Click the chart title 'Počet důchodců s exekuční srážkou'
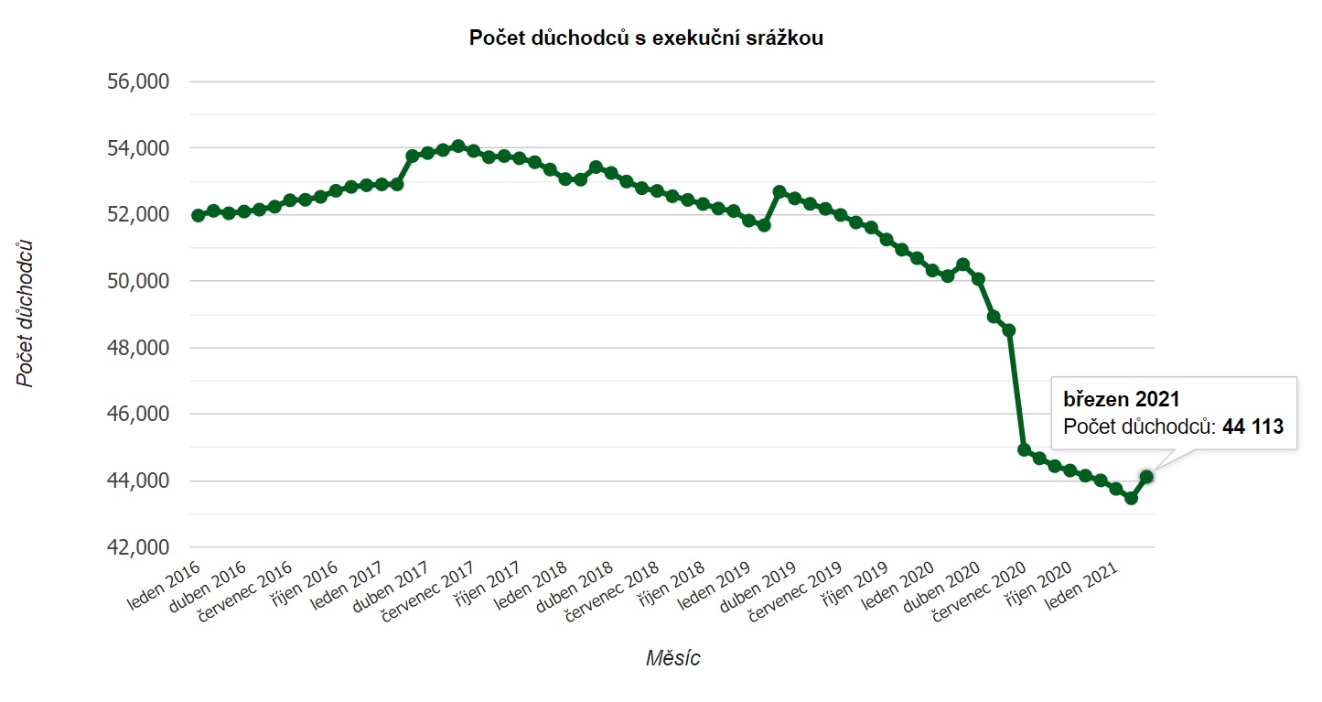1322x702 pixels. coord(646,38)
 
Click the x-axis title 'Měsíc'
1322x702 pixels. coord(673,657)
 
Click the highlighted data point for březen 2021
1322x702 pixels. coord(1146,476)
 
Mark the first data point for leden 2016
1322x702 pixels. coord(198,215)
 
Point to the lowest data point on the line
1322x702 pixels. coord(1131,498)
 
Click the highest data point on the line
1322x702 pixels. coord(458,146)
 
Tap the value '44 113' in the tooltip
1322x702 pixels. coord(1252,426)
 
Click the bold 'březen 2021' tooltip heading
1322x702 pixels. coord(1121,399)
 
